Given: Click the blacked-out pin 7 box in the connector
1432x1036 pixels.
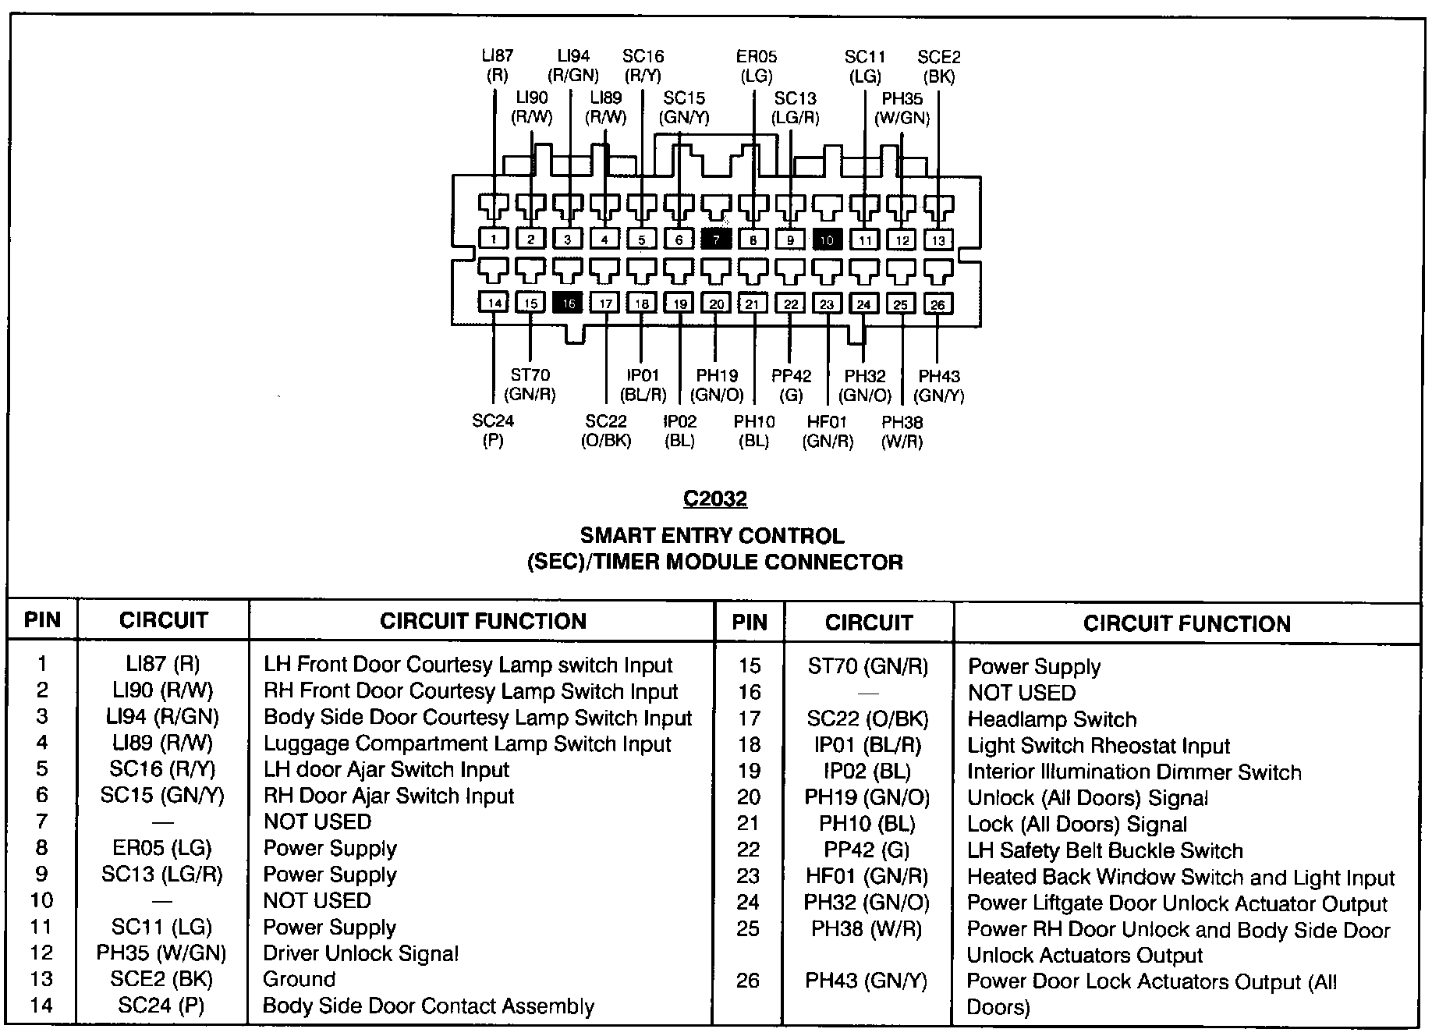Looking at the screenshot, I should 716,239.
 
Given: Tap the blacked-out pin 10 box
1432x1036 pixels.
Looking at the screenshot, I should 827,239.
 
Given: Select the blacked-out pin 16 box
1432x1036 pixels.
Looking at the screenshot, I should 568,303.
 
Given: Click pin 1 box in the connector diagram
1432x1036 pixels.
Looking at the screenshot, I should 494,239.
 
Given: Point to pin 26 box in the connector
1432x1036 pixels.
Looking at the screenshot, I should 938,303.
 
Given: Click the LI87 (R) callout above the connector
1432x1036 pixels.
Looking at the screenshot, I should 497,66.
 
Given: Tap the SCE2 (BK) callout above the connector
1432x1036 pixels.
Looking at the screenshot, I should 939,66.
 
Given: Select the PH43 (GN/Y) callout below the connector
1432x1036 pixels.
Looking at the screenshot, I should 939,386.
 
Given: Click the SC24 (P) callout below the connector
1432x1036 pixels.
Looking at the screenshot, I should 493,431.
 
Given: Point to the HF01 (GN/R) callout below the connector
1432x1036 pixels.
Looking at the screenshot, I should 828,431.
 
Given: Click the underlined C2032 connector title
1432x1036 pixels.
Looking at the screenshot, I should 715,498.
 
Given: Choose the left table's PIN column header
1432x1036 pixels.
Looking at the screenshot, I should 42,620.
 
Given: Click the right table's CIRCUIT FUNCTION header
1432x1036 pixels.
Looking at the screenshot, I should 1186,623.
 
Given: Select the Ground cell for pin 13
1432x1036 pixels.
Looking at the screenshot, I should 300,979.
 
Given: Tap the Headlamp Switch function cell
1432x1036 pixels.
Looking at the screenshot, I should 1051,719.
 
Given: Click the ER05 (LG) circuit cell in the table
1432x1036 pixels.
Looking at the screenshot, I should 162,848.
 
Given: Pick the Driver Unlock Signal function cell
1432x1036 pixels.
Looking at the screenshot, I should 360,953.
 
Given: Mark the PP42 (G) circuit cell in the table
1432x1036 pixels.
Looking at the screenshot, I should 867,850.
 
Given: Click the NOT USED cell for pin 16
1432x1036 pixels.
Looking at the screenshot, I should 1021,693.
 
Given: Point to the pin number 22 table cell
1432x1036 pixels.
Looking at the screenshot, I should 749,850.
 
